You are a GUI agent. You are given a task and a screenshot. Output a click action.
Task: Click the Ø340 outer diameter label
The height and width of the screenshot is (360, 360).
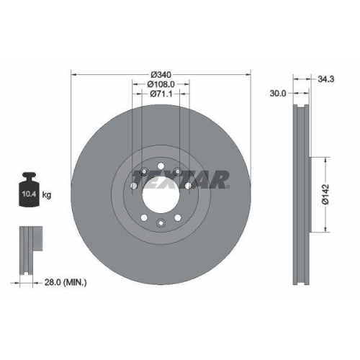tap(161, 74)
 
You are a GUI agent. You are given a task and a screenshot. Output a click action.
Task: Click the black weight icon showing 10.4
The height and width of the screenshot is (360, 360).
tap(30, 190)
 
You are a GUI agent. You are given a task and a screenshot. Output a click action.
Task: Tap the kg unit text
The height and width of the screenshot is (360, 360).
tap(47, 194)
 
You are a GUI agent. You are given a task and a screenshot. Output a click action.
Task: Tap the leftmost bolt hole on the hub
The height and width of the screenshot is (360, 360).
tap(134, 186)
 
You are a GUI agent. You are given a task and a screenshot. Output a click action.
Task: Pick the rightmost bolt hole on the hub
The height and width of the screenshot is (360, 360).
tap(188, 186)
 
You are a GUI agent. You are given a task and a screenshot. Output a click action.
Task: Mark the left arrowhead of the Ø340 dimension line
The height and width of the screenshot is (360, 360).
tap(73, 74)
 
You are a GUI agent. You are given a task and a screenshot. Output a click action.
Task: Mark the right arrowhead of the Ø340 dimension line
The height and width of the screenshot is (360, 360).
tap(248, 74)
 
